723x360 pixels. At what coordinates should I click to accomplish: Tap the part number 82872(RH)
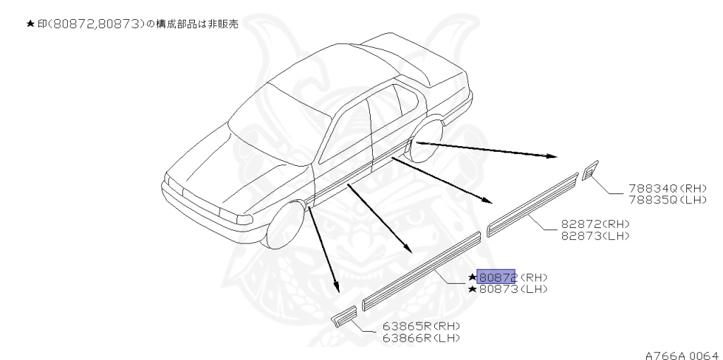pos(595,224)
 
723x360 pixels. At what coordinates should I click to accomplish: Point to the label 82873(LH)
pos(595,234)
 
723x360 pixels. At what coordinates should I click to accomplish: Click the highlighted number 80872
pos(497,277)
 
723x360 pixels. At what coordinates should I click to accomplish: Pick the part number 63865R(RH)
pos(422,327)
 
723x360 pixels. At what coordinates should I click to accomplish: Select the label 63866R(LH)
pos(422,337)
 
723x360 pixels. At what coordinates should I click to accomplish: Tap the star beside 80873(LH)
pos(472,289)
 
